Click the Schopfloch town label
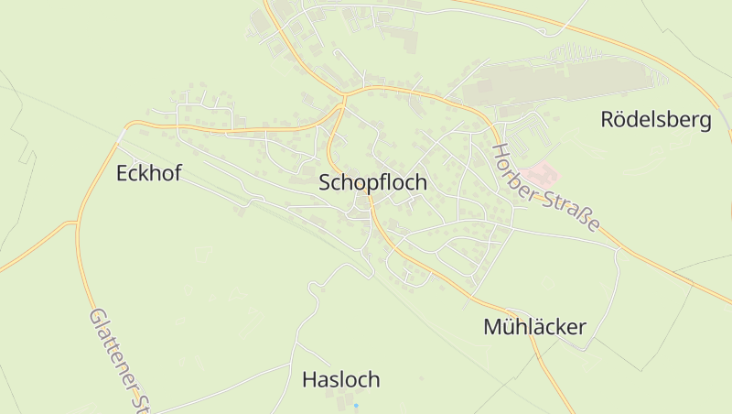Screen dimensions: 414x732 point(372,182)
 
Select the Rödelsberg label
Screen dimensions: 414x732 point(655,120)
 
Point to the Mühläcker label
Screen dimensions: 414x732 point(534,327)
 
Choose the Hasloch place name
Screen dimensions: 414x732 point(340,379)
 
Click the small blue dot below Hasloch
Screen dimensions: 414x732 point(356,404)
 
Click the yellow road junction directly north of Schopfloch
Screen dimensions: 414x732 point(345,94)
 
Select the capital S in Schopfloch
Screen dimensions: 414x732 point(326,182)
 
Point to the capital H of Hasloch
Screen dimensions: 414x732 point(309,379)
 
